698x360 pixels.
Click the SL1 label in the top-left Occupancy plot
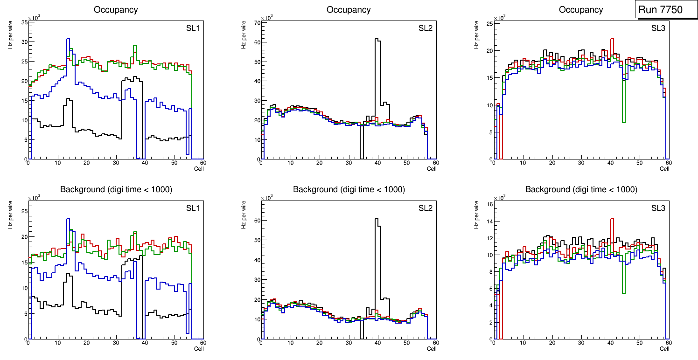[x=193, y=28]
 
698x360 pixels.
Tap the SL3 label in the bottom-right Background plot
[x=658, y=208]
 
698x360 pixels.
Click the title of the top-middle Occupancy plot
[x=349, y=9]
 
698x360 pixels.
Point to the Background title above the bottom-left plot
[x=116, y=189]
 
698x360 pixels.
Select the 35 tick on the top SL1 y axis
[x=25, y=21]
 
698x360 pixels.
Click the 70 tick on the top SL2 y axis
[x=257, y=22]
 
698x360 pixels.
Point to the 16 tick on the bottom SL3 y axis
[x=489, y=204]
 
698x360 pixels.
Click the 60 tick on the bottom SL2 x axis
[x=435, y=343]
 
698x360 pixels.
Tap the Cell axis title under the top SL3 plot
[x=664, y=169]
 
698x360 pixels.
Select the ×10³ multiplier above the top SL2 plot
[x=267, y=18]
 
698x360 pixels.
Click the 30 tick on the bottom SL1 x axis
[x=116, y=343]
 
